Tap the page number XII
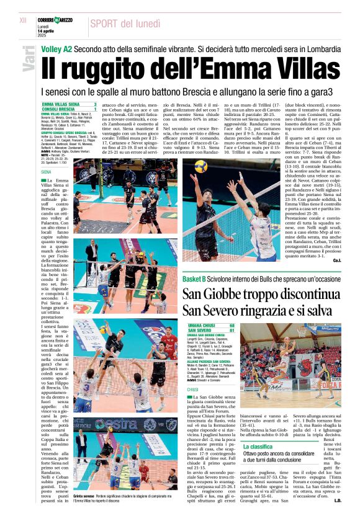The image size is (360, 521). (x=23, y=20)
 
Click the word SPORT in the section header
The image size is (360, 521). (x=108, y=24)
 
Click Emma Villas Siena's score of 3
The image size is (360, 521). (x=94, y=104)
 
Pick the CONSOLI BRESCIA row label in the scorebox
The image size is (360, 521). (x=58, y=109)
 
